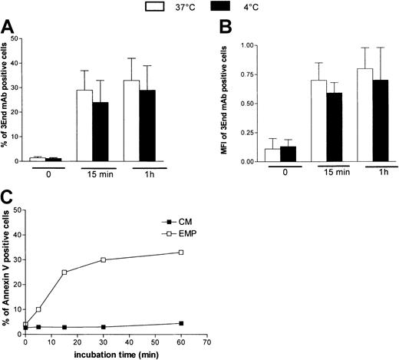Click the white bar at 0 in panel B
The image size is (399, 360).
coord(251,155)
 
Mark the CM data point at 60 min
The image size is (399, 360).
coord(181,323)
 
